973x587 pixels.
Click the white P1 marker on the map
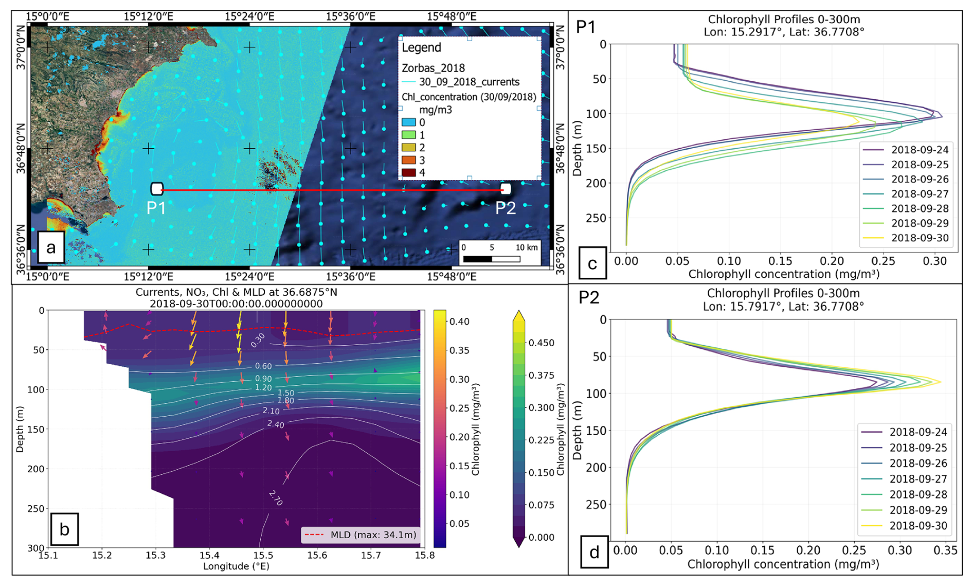(x=157, y=189)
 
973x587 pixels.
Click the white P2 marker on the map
(x=506, y=189)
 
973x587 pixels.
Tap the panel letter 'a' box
(x=51, y=247)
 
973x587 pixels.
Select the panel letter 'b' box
(x=64, y=529)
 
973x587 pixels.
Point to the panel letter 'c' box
(x=592, y=263)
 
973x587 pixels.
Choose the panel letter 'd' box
(x=594, y=552)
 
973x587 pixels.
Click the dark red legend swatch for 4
(x=408, y=173)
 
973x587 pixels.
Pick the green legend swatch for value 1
(x=408, y=135)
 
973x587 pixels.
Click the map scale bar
(x=492, y=259)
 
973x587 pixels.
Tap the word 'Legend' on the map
(x=421, y=48)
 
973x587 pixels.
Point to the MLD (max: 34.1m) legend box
(x=361, y=535)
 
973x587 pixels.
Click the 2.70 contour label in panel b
(x=276, y=497)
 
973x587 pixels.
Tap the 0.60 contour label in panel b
(x=263, y=366)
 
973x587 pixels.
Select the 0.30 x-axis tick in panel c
(x=934, y=261)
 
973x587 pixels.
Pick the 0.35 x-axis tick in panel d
(x=945, y=550)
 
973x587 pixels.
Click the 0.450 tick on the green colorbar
(x=542, y=343)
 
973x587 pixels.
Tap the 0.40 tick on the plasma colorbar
(x=459, y=322)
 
